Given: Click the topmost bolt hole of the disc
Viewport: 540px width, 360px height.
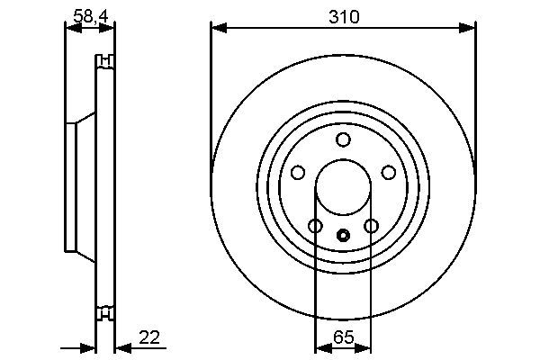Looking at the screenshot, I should [x=343, y=139].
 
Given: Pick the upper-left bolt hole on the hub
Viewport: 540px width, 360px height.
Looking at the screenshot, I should [x=298, y=171].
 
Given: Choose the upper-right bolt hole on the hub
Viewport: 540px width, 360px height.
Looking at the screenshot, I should [x=389, y=171].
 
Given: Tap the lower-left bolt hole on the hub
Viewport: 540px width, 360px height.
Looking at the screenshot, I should [x=315, y=225].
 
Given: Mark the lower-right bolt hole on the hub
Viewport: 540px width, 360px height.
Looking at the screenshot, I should [x=371, y=225].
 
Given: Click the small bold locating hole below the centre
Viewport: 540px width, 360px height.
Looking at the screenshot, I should [x=343, y=236].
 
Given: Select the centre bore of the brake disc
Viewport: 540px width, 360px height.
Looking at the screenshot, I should [x=343, y=186].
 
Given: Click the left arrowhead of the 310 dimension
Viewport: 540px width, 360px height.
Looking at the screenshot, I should [x=216, y=29].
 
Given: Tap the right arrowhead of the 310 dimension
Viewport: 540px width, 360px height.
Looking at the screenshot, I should [x=470, y=29].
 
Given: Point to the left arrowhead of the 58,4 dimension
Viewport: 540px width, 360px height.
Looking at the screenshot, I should [x=70, y=28].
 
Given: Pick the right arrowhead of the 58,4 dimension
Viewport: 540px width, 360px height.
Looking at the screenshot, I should [x=111, y=28].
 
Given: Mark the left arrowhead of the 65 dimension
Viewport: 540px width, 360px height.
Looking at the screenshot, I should [x=320, y=348].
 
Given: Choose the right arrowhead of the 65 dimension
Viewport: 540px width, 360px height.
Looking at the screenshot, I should [x=365, y=348].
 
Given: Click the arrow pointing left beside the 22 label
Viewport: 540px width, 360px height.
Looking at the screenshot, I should [x=121, y=348].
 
